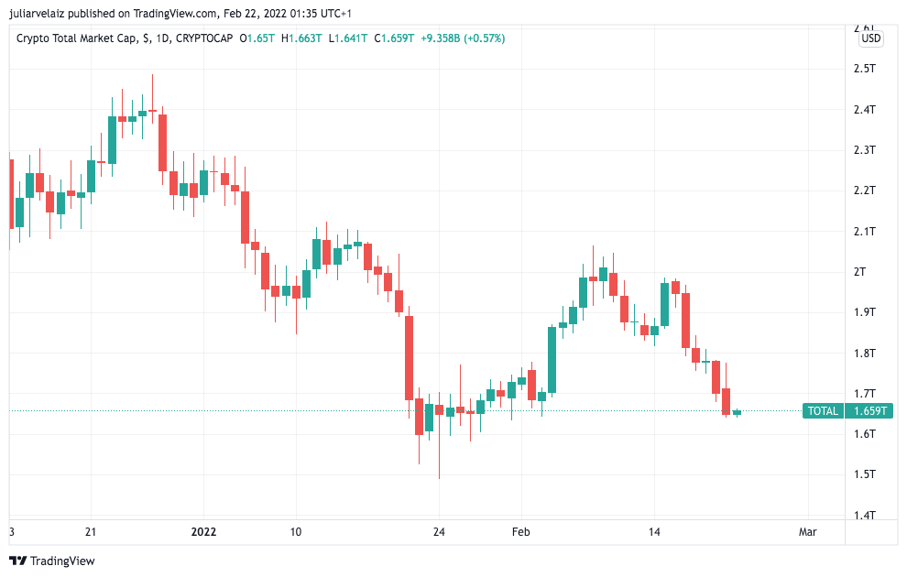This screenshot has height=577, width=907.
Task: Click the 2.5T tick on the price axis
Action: click(x=864, y=69)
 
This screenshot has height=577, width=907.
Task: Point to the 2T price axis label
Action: click(x=860, y=272)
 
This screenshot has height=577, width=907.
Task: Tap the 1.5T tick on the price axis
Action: click(x=864, y=474)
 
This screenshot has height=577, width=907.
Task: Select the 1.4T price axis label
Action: click(x=864, y=515)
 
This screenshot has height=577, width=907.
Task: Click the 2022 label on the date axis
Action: click(x=204, y=532)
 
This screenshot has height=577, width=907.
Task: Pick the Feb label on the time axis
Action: click(x=520, y=532)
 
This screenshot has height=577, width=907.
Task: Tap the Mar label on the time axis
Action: click(x=807, y=532)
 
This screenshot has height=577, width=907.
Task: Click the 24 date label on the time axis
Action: click(x=439, y=532)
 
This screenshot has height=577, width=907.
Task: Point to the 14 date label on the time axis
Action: click(x=654, y=532)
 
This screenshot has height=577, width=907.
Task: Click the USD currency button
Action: click(x=871, y=38)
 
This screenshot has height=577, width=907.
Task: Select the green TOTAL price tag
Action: click(x=823, y=411)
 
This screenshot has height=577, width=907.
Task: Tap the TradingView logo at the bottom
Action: click(x=52, y=561)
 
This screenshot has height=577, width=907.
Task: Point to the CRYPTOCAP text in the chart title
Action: click(x=203, y=38)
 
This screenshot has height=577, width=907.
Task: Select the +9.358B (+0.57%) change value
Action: click(x=463, y=38)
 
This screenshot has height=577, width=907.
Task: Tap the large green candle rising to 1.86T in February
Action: click(x=552, y=360)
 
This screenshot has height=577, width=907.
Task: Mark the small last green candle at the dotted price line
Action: click(x=737, y=412)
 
